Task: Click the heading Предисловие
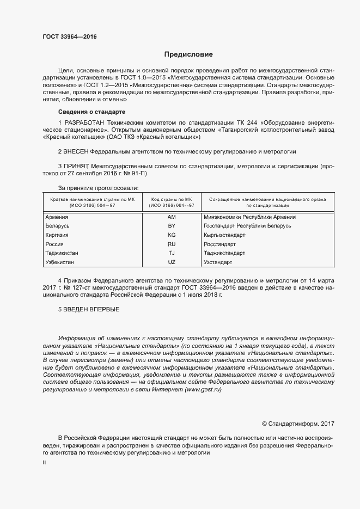click(x=188, y=54)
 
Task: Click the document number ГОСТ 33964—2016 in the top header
click(x=70, y=38)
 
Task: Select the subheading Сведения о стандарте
click(x=88, y=112)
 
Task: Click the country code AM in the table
click(x=172, y=217)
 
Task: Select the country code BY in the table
click(x=172, y=225)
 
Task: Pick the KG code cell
click(x=172, y=235)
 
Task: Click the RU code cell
click(x=172, y=244)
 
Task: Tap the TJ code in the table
click(x=172, y=253)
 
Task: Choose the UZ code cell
click(x=172, y=262)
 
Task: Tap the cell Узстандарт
click(x=218, y=262)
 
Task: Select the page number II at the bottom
click(x=44, y=462)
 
